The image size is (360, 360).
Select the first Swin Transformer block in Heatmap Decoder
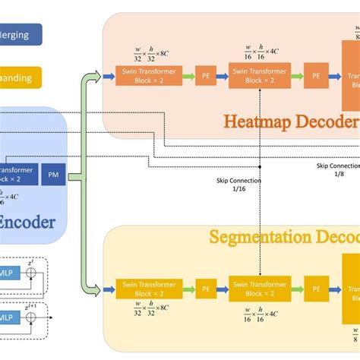tap(149, 76)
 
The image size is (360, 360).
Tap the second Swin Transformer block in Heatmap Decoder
tap(259, 76)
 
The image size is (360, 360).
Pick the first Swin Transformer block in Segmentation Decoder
tap(149, 289)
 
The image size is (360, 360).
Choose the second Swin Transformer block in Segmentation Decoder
tap(259, 289)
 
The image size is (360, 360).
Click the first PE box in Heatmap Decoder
tap(204, 76)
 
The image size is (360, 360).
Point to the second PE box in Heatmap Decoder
tap(316, 76)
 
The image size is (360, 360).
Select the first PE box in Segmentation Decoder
tap(204, 289)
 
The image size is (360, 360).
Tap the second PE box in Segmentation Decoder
tap(316, 289)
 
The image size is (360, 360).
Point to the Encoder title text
tap(27, 222)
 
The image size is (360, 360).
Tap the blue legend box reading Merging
tap(21, 34)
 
